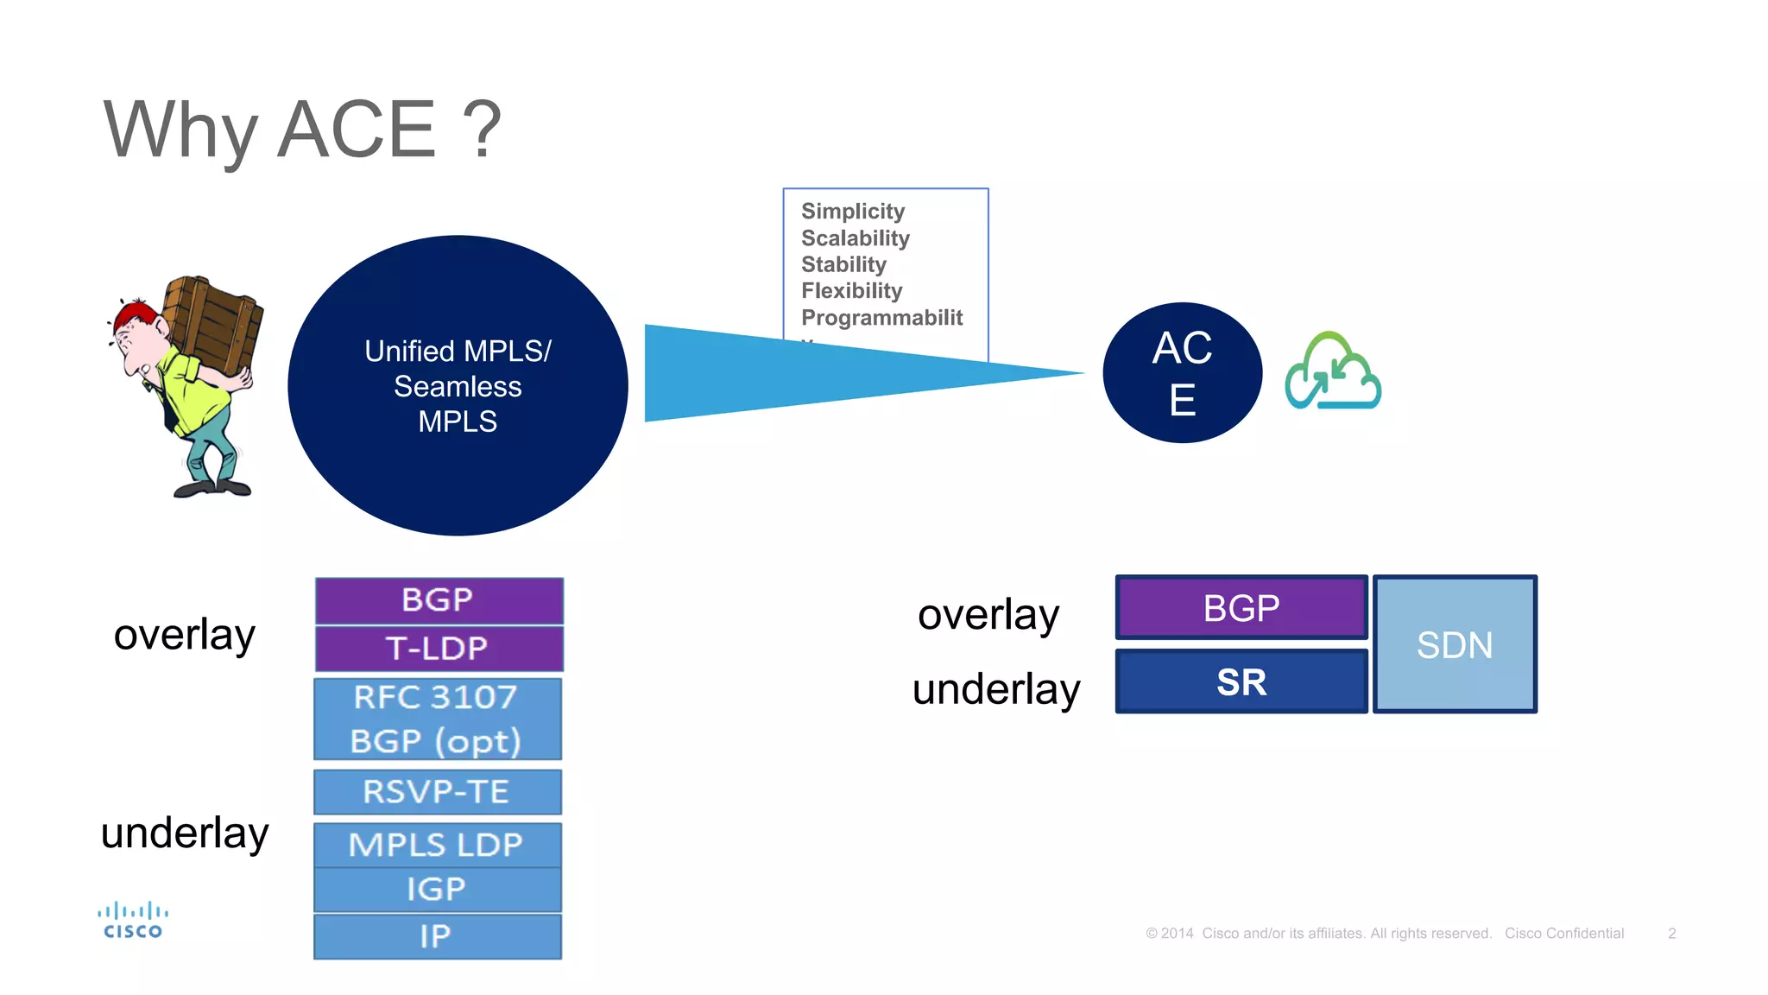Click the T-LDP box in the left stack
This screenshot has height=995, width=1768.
[439, 649]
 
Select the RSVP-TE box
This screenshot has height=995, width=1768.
[437, 791]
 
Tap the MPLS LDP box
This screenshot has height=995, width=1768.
[437, 845]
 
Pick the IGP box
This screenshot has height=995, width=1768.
[437, 890]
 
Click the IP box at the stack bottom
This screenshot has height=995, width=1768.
[437, 936]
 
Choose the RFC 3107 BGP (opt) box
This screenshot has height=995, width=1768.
[437, 719]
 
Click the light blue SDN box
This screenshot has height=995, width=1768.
[1455, 644]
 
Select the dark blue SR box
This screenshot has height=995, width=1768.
[1241, 682]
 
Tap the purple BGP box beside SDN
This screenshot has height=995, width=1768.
[1241, 608]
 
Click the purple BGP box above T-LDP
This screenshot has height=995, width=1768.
[439, 600]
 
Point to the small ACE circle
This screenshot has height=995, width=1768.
[1182, 373]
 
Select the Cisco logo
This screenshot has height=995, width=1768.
[133, 921]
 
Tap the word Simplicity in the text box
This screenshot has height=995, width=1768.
[853, 212]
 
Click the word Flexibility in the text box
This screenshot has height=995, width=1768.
[851, 291]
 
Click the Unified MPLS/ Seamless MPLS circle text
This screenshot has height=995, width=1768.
[458, 386]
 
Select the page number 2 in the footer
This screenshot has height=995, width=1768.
[1671, 934]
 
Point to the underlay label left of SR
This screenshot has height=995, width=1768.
[996, 689]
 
